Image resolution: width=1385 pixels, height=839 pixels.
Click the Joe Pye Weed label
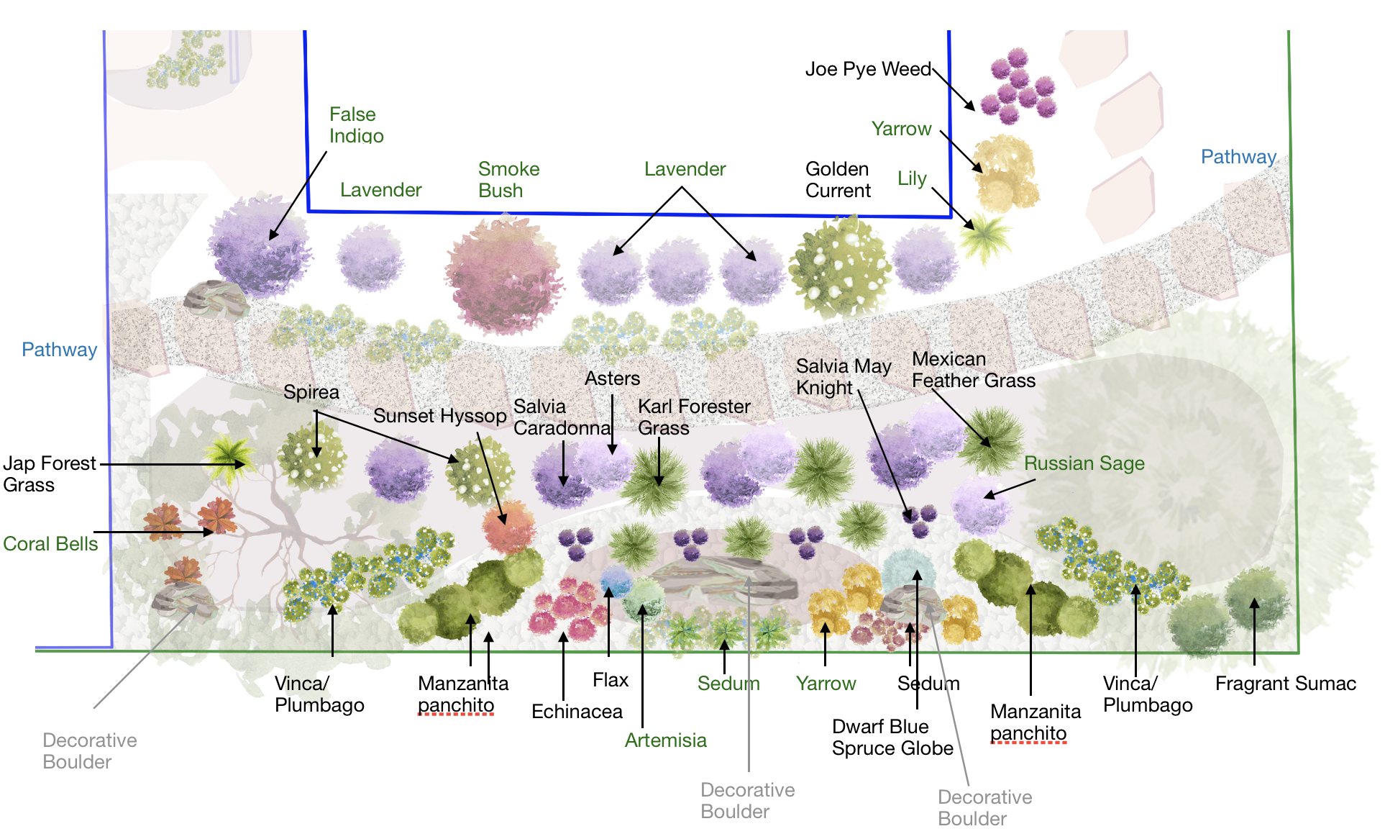[x=868, y=69]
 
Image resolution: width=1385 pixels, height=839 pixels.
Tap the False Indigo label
[x=356, y=124]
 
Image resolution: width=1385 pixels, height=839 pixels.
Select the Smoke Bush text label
[x=508, y=179]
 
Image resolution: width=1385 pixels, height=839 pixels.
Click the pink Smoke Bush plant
[x=503, y=273]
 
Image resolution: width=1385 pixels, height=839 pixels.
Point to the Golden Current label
[x=838, y=179]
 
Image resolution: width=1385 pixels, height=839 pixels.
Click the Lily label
[x=912, y=178]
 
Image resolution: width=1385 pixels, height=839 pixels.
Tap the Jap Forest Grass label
[x=49, y=473]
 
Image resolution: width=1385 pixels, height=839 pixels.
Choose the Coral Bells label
[x=50, y=544]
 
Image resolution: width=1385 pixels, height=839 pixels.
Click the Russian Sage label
[x=1084, y=463]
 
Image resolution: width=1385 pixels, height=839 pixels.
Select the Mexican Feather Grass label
[x=973, y=369]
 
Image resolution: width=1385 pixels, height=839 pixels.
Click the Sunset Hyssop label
[x=439, y=416]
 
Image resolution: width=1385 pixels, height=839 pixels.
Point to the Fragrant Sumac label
[x=1285, y=684]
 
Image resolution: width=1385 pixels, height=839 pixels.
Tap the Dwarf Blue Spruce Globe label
[x=892, y=737]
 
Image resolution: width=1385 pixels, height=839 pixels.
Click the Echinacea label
[x=577, y=712]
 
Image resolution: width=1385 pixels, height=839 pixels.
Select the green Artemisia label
[x=665, y=740]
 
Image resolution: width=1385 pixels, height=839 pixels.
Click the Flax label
[x=610, y=680]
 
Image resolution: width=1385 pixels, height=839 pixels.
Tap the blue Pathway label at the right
[x=1238, y=157]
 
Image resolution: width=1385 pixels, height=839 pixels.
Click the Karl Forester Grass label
[x=693, y=417]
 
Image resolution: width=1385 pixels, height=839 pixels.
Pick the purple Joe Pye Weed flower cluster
[x=1018, y=86]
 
